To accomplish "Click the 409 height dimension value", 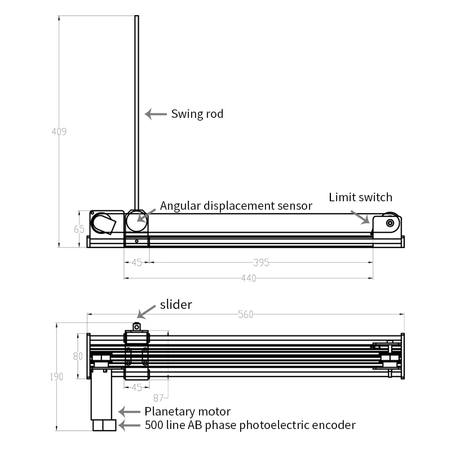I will [59, 132].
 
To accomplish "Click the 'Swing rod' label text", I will [197, 114].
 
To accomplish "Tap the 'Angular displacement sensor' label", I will [236, 206].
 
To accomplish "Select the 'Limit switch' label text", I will [360, 197].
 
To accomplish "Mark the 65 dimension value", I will [79, 229].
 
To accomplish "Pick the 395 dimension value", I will [260, 262].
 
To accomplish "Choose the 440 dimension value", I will [248, 278].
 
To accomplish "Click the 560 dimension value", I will [245, 315].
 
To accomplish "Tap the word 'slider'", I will [176, 304].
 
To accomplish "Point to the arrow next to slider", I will [148, 311].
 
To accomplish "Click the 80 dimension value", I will [78, 356].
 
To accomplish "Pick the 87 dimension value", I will [158, 397].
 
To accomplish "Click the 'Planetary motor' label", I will [187, 412].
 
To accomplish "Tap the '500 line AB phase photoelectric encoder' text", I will [250, 425].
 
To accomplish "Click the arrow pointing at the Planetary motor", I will [129, 412].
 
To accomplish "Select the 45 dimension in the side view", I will [136, 262].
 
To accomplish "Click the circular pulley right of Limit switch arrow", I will [390, 223].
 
